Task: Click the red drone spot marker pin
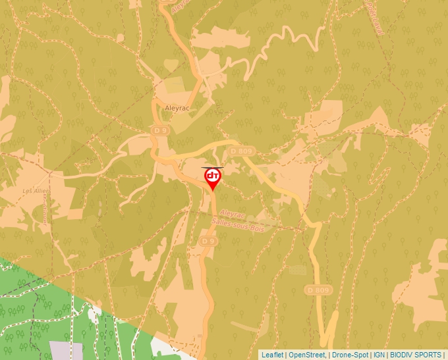tap(212, 179)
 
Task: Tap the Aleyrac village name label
tap(177, 108)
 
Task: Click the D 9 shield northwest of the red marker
tap(159, 131)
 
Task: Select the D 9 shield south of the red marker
tap(208, 242)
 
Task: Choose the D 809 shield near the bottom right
tap(316, 290)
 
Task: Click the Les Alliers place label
tap(36, 191)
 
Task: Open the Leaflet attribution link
tap(272, 355)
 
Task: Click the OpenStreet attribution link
tap(306, 355)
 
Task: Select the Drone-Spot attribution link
tap(350, 355)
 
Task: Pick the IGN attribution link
tap(379, 355)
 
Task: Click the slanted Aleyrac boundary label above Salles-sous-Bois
tap(233, 215)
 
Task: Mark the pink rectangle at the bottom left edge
tap(63, 350)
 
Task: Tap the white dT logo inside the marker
tap(212, 176)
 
